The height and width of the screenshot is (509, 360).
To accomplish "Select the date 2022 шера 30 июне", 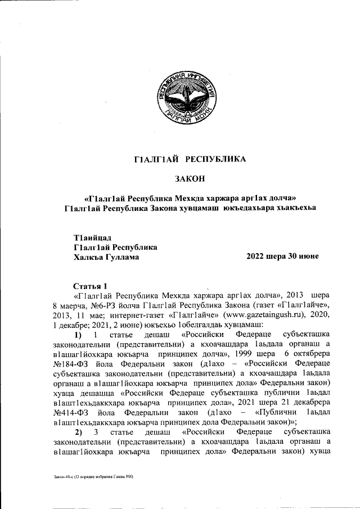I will (282, 256).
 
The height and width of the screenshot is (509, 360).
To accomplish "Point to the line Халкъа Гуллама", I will (107, 257).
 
